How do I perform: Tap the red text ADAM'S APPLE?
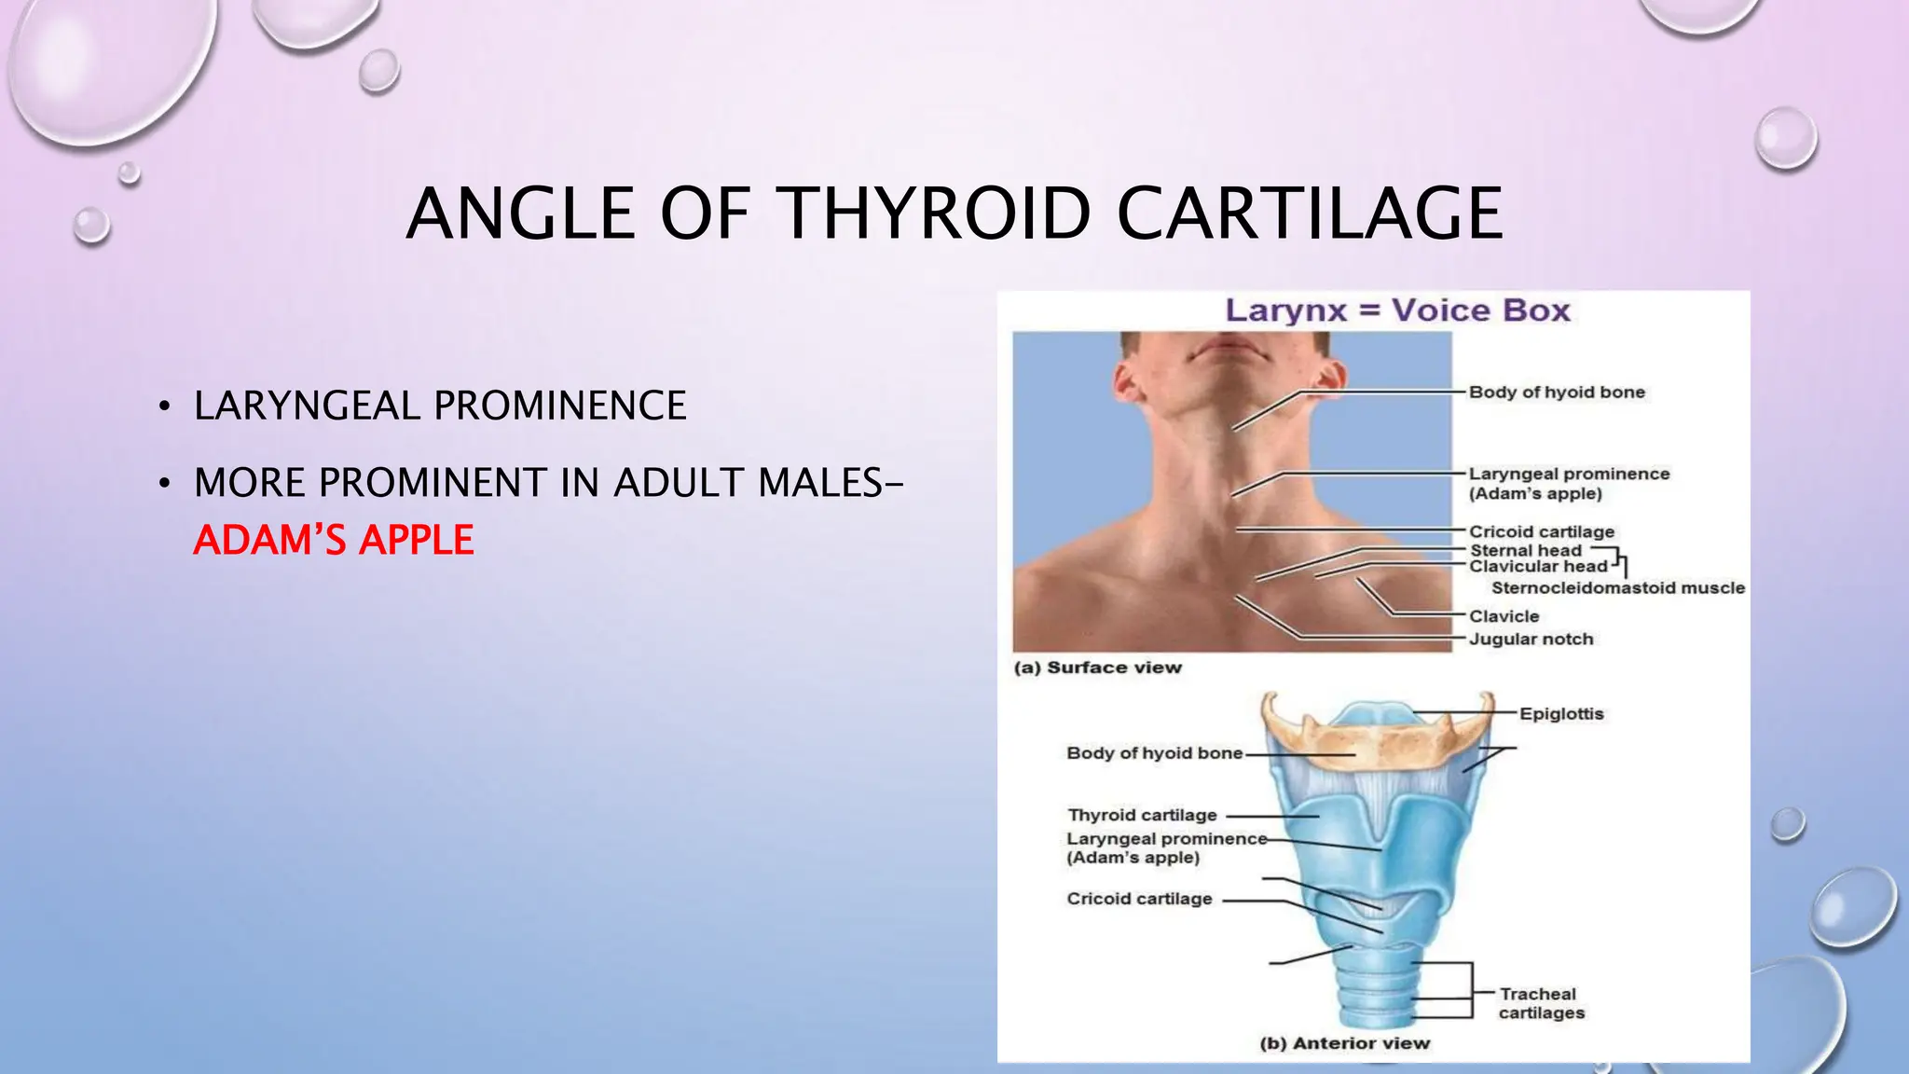point(334,541)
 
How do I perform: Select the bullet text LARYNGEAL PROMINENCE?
point(440,406)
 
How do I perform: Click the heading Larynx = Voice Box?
point(1397,310)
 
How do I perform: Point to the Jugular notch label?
point(1531,640)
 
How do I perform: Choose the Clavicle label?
point(1504,616)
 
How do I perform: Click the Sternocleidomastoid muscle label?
point(1618,588)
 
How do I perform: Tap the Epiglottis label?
point(1561,714)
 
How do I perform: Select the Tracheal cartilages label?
point(1540,1003)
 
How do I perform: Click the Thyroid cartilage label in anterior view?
point(1142,816)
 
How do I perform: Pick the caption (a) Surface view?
point(1098,668)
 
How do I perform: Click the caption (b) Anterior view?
point(1344,1043)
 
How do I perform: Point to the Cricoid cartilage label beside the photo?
point(1542,531)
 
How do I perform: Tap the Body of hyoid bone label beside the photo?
point(1557,392)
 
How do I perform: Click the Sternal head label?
point(1526,550)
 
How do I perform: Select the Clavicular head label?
point(1538,566)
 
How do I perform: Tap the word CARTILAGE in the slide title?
point(1310,213)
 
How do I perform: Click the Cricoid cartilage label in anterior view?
point(1139,899)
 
